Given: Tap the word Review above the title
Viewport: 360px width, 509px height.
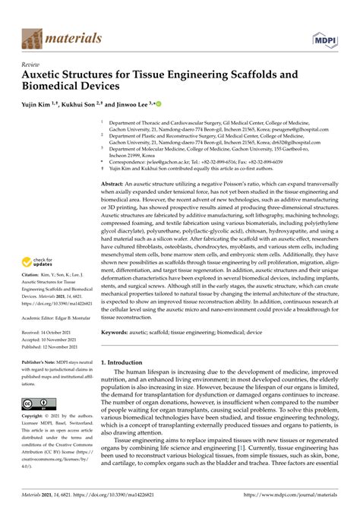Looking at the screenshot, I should [33, 65].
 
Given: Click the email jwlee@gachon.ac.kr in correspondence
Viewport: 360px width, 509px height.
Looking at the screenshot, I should [175, 161].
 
